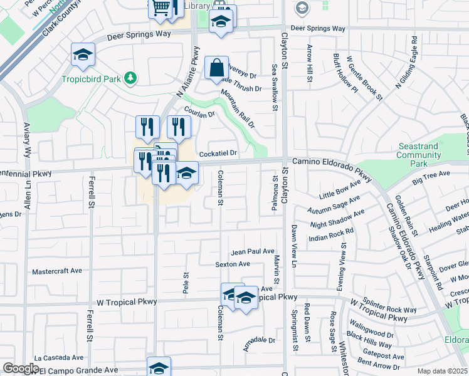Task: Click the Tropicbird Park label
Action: (92, 79)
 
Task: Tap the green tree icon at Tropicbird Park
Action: (130, 78)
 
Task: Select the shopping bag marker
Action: (216, 67)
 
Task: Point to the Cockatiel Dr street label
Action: (218, 154)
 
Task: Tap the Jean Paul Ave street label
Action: (253, 252)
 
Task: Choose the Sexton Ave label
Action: (233, 264)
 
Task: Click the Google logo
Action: (21, 368)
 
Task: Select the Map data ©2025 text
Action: (442, 371)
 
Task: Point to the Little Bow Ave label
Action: (340, 190)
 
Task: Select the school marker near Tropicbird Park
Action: (83, 55)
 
